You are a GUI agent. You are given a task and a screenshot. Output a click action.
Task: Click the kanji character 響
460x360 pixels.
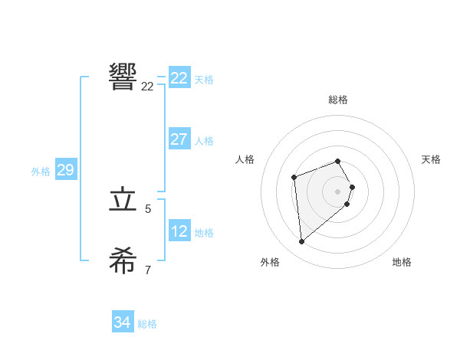(123, 77)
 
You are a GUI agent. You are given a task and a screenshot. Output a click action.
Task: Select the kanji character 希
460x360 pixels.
(123, 260)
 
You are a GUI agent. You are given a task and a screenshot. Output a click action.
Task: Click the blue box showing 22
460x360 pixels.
(179, 78)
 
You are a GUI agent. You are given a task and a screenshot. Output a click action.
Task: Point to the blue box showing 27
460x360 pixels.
(179, 139)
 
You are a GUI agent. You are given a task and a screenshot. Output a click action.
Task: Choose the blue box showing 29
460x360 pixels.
(65, 170)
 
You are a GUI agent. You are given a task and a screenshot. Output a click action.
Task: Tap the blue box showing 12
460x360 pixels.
(179, 231)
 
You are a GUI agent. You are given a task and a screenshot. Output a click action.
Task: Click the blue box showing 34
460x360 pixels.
(123, 322)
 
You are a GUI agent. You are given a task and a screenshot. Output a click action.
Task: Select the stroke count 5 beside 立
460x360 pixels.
(148, 208)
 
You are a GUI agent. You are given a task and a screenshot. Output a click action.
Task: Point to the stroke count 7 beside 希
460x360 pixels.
(148, 270)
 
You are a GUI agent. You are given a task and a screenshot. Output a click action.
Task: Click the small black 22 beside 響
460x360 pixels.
(147, 87)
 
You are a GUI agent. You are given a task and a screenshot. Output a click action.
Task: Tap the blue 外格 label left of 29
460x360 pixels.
(41, 172)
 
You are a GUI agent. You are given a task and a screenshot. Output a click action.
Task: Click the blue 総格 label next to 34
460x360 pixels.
(147, 324)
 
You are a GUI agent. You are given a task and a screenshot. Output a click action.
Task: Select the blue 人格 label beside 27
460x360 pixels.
(205, 141)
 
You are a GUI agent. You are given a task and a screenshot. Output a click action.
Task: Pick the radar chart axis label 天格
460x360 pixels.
(431, 159)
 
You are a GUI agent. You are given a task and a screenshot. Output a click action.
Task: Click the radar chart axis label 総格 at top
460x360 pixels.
(338, 100)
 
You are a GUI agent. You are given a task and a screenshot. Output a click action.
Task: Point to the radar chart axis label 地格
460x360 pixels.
(402, 262)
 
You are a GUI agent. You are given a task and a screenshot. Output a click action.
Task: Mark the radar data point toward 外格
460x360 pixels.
(302, 242)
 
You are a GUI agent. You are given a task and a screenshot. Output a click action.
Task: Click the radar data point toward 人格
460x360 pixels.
(294, 178)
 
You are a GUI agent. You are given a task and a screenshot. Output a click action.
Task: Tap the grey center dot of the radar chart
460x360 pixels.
(338, 191)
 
